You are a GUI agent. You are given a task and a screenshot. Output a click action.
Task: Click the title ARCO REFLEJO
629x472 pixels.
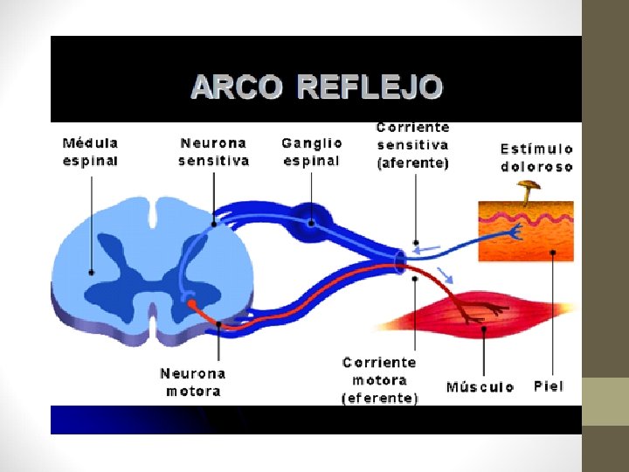click(x=316, y=87)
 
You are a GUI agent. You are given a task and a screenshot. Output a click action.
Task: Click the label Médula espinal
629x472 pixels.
click(x=90, y=150)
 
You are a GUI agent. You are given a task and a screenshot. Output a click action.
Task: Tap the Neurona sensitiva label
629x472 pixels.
click(x=213, y=150)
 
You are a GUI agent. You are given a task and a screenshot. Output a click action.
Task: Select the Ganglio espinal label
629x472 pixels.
click(x=311, y=150)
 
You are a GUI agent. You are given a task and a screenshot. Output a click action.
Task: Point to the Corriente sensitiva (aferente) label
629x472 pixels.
click(x=412, y=145)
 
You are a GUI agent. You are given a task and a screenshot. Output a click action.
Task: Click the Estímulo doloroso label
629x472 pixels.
click(x=536, y=157)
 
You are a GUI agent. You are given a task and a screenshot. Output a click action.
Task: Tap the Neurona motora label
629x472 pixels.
click(x=192, y=382)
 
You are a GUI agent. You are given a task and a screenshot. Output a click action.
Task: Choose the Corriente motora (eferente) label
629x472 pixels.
click(x=380, y=380)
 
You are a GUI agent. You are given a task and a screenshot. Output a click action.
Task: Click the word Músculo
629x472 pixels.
click(x=480, y=386)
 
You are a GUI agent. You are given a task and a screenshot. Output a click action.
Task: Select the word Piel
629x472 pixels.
click(x=549, y=385)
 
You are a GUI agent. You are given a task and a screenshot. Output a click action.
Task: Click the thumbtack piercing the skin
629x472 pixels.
click(x=528, y=188)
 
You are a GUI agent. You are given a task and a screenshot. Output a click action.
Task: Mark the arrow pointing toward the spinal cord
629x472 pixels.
click(x=427, y=249)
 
